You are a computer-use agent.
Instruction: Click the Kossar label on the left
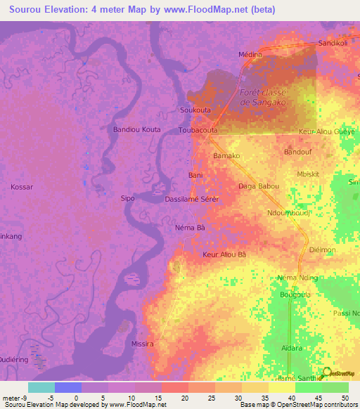tap(22, 187)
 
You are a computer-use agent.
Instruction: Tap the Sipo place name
tap(127, 199)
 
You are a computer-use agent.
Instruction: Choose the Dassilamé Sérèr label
tap(192, 200)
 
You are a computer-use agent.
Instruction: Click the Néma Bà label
tap(190, 228)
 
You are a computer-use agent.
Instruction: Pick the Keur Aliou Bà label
tap(224, 254)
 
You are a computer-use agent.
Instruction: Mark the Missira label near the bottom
tap(142, 344)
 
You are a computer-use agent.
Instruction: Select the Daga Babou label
tap(259, 186)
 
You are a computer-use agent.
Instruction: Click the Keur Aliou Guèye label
tap(327, 131)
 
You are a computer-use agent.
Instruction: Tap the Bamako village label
tap(226, 155)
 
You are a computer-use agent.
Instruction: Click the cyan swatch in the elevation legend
tap(41, 387)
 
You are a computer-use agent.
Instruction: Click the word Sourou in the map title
tap(25, 9)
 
